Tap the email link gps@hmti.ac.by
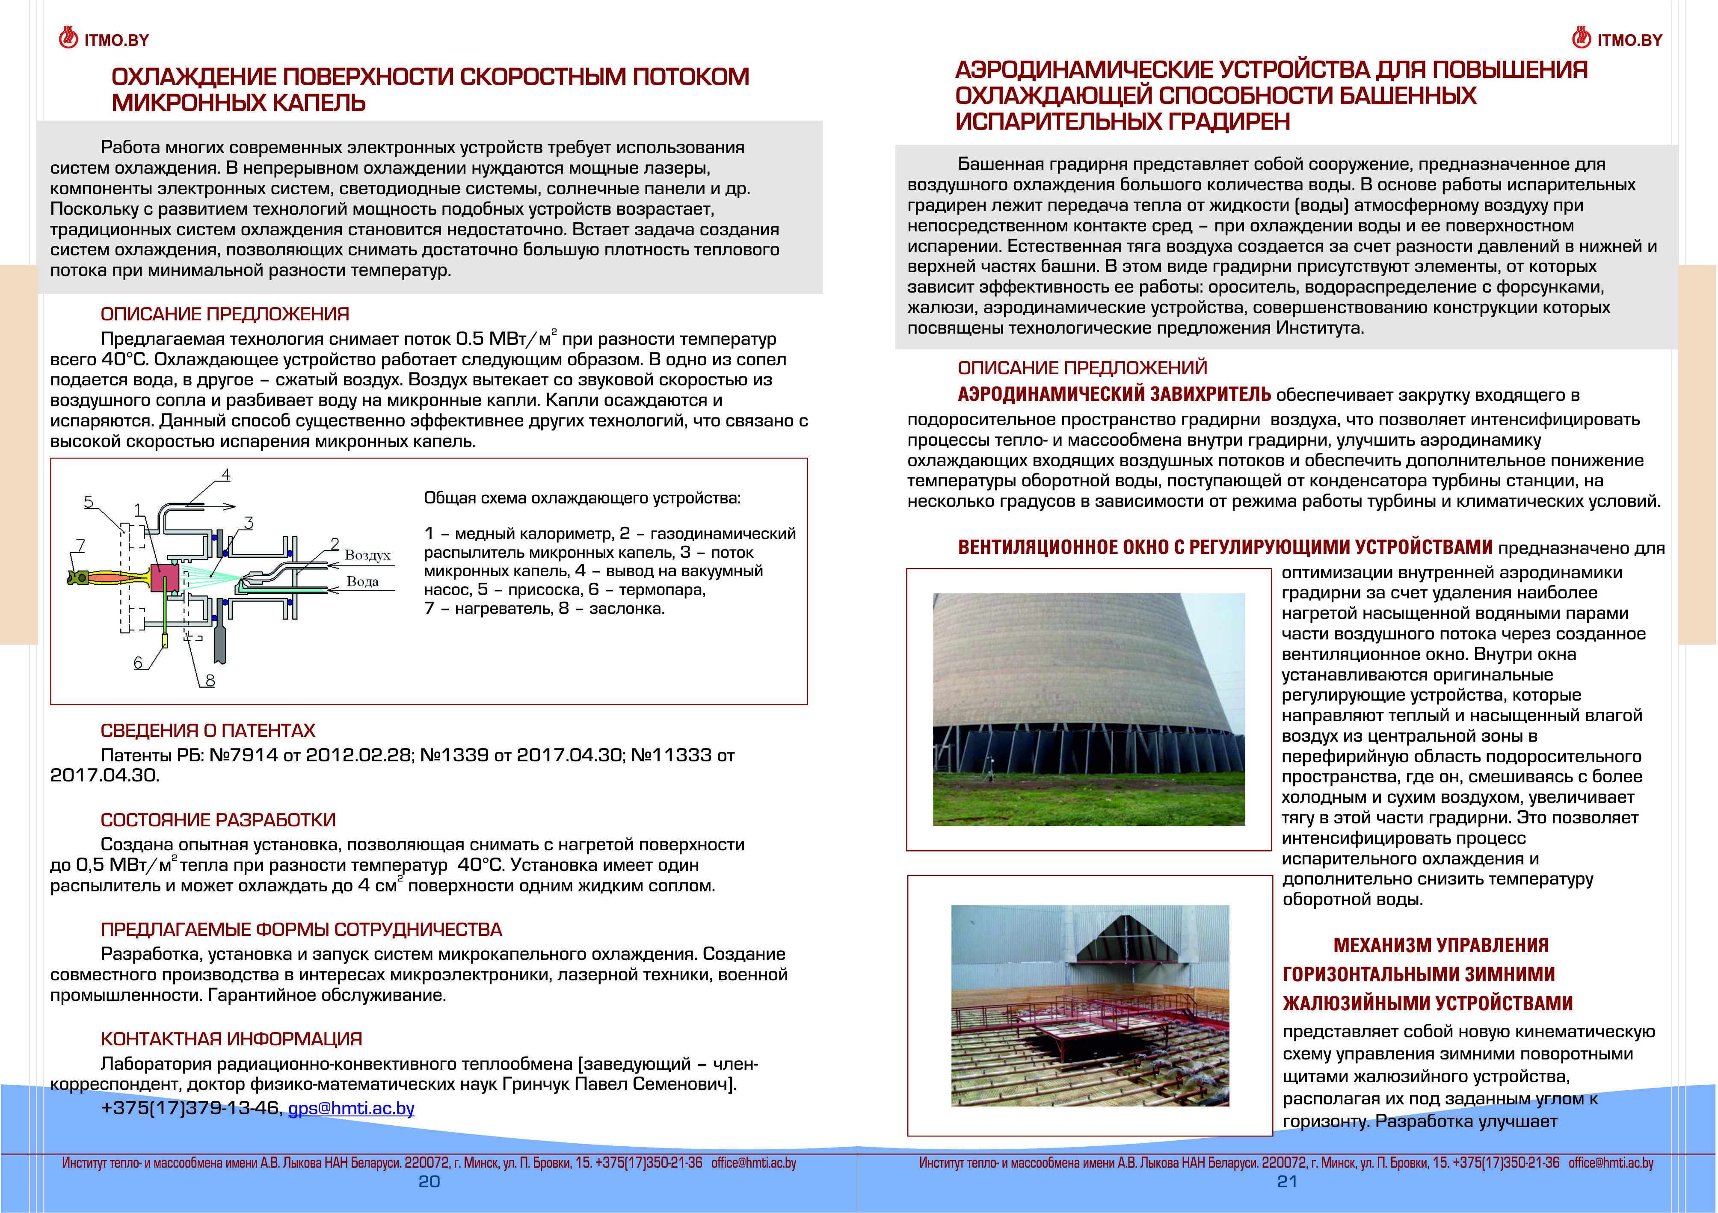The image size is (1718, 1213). tap(351, 1108)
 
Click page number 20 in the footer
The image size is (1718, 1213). tap(429, 1182)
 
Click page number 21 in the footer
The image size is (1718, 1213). tap(1286, 1182)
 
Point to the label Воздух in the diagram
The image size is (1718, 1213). tap(367, 555)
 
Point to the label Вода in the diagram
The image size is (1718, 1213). tap(362, 581)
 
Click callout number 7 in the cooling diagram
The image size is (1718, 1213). tap(81, 545)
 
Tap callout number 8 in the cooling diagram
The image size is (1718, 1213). tap(210, 680)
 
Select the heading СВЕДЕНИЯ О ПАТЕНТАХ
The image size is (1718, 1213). tap(208, 731)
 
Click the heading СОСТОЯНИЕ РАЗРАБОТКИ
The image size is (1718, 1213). tap(218, 820)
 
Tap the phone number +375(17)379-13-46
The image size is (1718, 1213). tap(190, 1108)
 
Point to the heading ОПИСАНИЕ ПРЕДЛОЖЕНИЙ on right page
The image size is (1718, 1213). tap(1082, 368)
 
